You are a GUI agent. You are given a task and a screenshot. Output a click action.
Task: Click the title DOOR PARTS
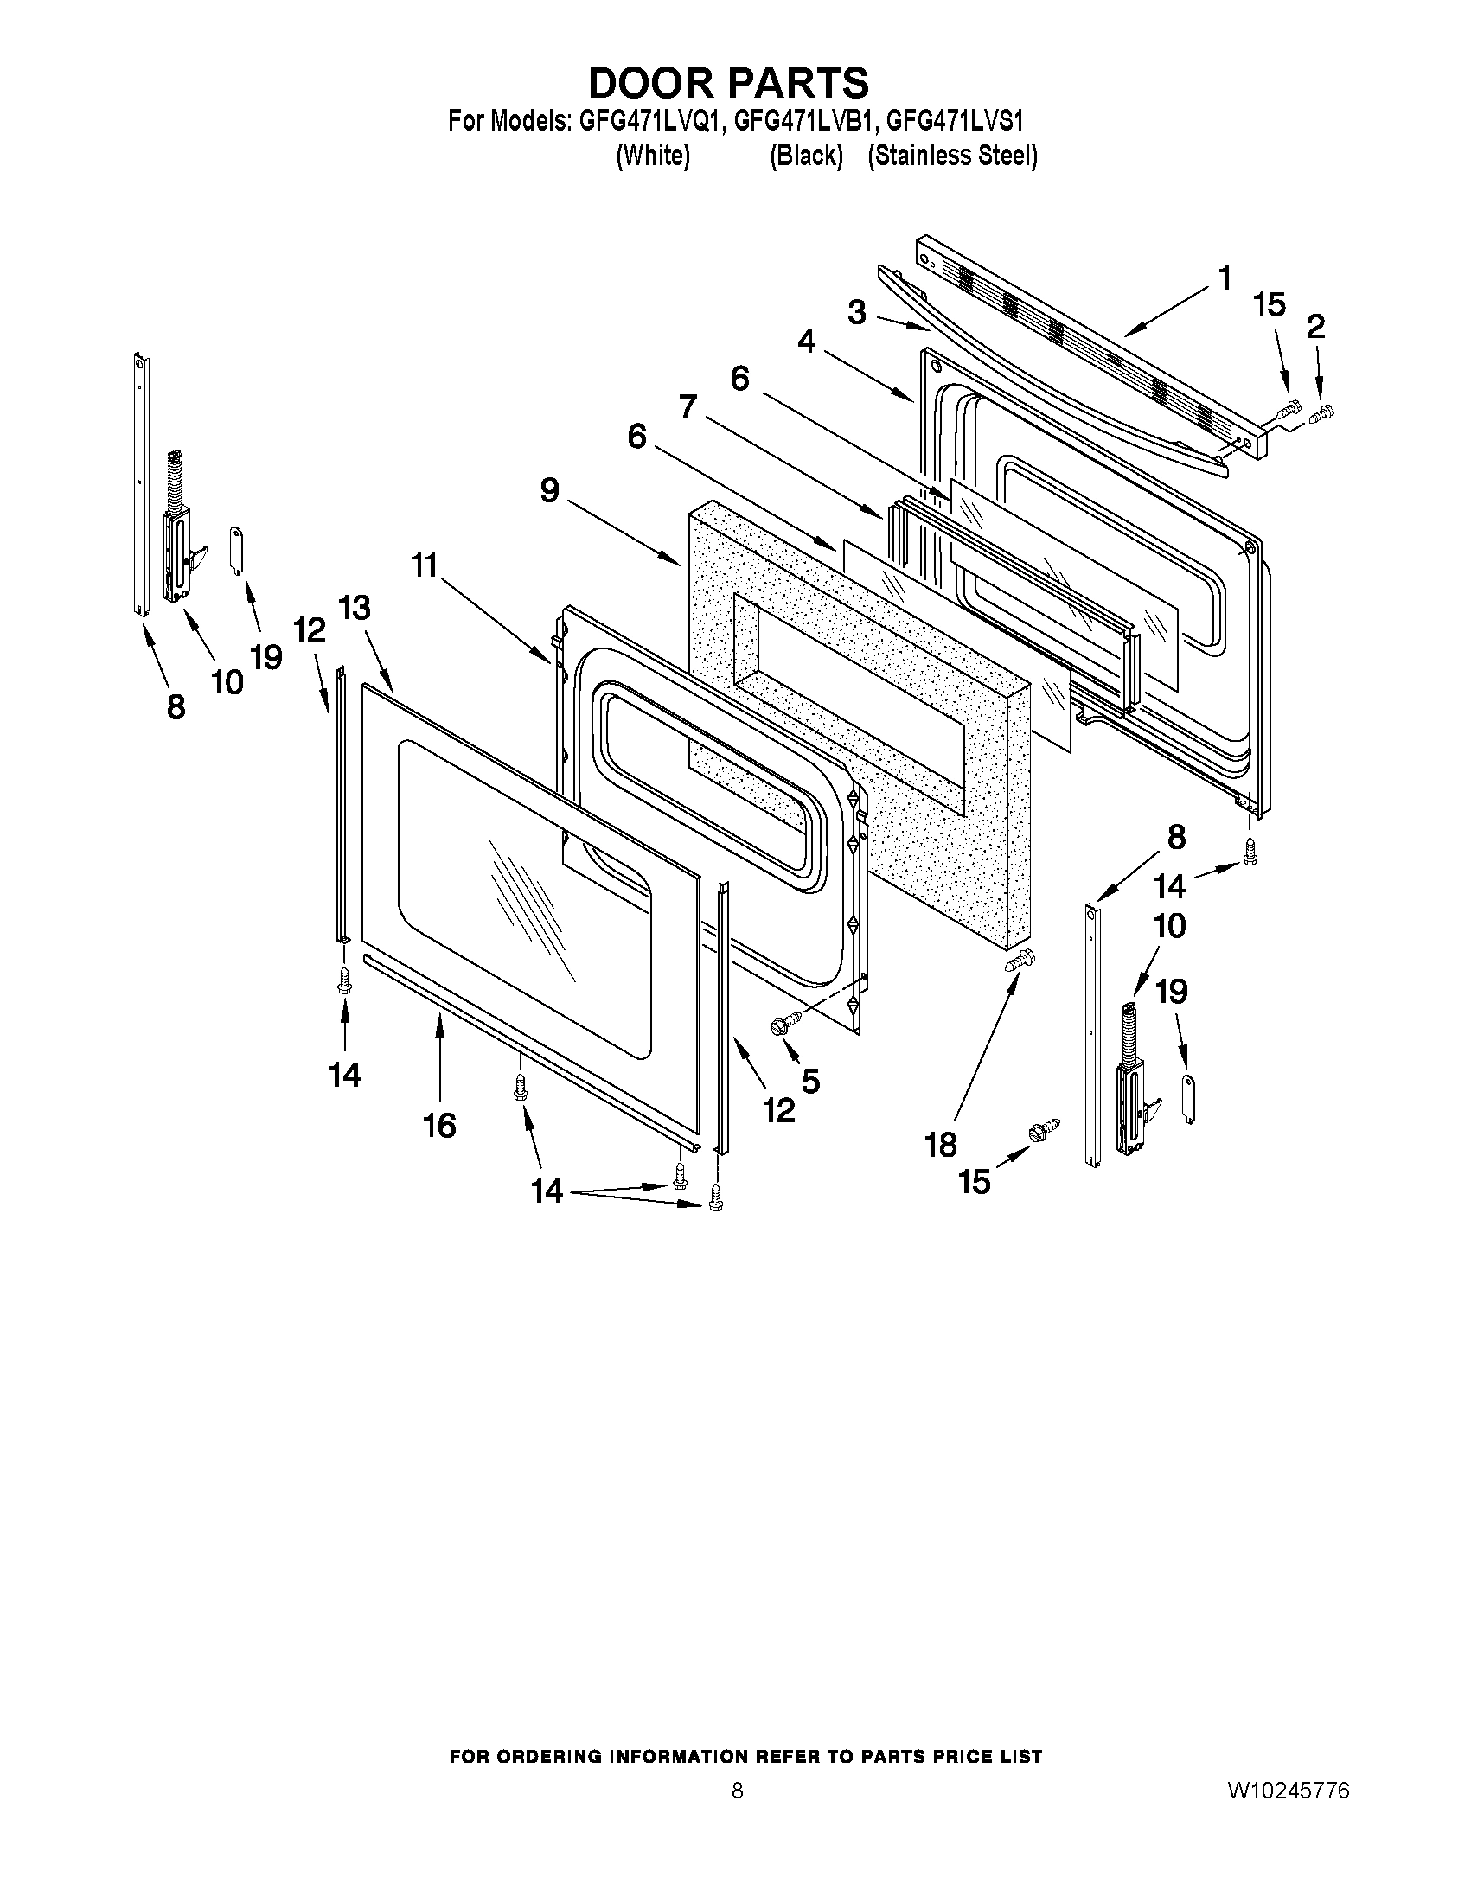(728, 83)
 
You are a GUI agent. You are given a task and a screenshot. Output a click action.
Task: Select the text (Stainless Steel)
(951, 156)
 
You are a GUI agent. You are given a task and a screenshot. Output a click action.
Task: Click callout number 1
(1225, 278)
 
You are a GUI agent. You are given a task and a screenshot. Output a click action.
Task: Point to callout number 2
(1316, 327)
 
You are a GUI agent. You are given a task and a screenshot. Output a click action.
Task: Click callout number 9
(549, 490)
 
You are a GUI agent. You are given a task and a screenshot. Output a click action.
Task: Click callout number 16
(439, 1126)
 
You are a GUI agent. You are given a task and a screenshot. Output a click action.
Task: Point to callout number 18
(941, 1144)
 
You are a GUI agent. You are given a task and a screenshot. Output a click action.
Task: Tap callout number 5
(810, 1081)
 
